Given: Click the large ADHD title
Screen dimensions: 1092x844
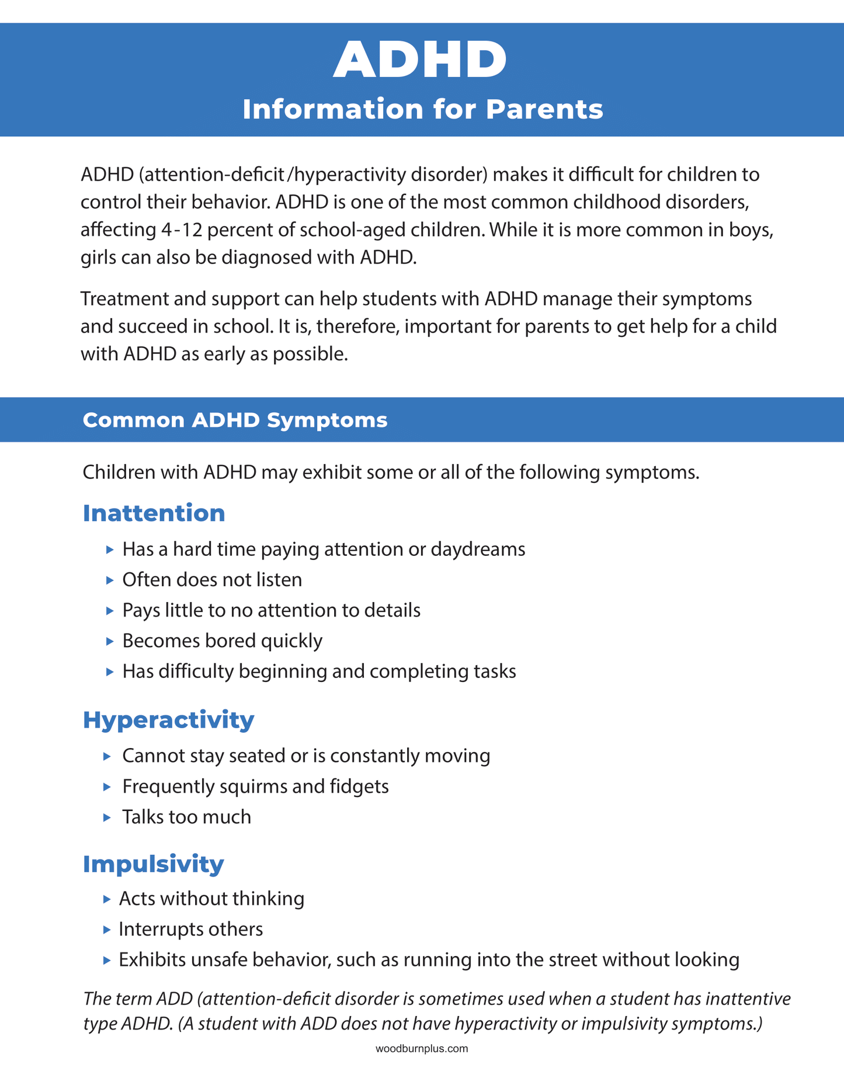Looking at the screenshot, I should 421,60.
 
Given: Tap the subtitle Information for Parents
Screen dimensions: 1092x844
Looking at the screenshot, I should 422,109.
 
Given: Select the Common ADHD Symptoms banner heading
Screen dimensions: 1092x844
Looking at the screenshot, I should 235,420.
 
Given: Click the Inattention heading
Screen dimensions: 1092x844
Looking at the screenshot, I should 154,513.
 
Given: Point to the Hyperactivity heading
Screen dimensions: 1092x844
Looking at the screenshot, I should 168,719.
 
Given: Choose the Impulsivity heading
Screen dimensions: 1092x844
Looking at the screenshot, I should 153,863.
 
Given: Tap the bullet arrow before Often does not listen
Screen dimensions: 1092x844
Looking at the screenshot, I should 110,580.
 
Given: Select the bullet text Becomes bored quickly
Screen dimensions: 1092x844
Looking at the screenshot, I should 222,641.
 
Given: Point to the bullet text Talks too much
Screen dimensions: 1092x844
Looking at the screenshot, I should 186,816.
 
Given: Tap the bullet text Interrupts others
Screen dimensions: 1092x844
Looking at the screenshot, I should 190,928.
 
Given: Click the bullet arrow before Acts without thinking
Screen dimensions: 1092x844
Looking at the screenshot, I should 106,899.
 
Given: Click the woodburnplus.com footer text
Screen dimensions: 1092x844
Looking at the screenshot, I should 422,1049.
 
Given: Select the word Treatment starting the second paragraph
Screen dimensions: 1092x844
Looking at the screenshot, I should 125,298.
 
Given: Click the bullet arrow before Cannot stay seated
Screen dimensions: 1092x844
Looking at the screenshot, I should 107,756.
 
